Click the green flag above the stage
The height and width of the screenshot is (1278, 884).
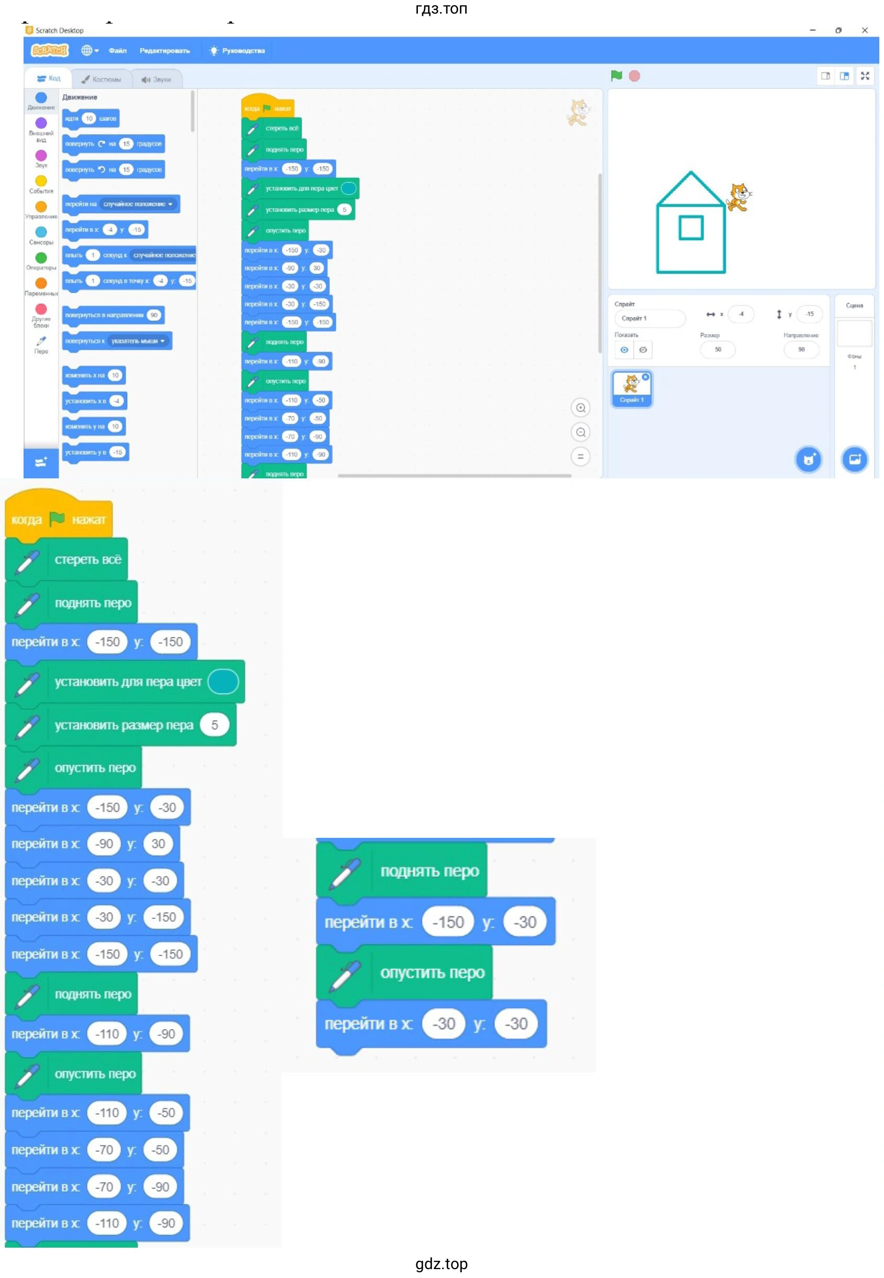(616, 76)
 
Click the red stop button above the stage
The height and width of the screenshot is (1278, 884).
(634, 76)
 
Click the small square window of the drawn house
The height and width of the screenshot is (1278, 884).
(691, 228)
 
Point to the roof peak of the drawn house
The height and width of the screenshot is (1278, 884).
(691, 173)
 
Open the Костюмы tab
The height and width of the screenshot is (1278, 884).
(102, 79)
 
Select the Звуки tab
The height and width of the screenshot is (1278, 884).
(157, 79)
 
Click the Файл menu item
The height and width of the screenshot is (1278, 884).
(117, 50)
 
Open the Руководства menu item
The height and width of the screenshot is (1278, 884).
(238, 50)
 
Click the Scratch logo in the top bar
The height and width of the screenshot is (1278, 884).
(49, 50)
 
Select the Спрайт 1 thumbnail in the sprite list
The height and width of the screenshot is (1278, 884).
(632, 388)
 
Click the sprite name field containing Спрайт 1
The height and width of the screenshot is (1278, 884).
(649, 318)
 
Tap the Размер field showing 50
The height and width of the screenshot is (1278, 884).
(717, 349)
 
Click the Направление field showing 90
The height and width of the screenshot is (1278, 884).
(801, 349)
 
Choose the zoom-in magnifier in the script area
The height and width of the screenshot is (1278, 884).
(580, 408)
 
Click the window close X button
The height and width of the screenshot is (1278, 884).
(865, 30)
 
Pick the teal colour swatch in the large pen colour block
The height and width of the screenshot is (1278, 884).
(223, 681)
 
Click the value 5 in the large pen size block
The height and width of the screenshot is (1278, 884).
(214, 724)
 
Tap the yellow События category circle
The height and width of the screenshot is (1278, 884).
(41, 181)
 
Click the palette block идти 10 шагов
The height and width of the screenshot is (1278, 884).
(90, 118)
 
